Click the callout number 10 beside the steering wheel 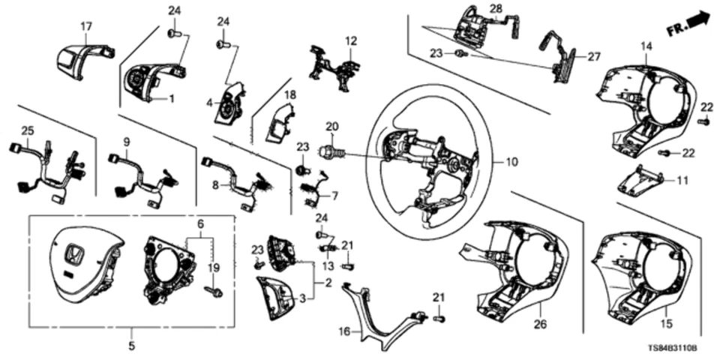tap(511, 161)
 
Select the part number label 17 tap(86, 26)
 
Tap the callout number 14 tap(646, 47)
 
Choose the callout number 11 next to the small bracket tap(681, 181)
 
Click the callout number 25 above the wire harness tap(27, 131)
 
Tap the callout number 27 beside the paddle tap(594, 55)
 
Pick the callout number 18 tap(289, 94)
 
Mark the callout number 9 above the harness tap(126, 141)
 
